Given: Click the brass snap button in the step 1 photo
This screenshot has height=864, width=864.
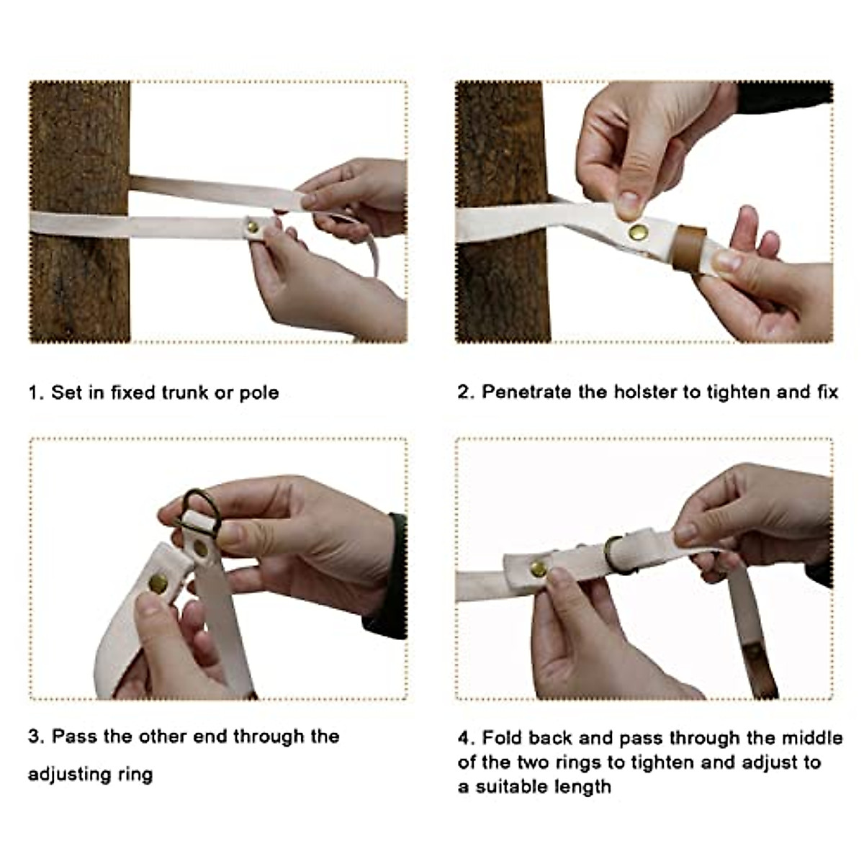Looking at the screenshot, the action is point(253,227).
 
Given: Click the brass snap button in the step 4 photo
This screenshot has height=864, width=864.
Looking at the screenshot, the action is point(539,569).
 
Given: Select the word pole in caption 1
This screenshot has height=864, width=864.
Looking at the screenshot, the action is point(259,394).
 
